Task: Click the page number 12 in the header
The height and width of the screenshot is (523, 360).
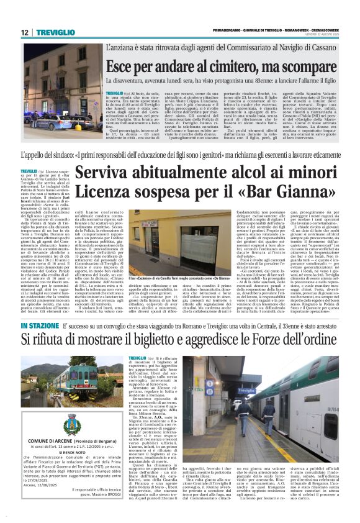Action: (x=24, y=32)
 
